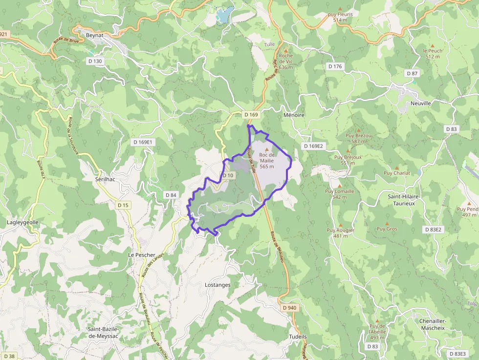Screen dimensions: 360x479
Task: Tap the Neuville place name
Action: [x=420, y=104]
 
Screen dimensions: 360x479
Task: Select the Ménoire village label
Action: [x=294, y=115]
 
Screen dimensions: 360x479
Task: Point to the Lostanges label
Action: [x=218, y=285]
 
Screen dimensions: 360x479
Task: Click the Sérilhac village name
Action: [x=105, y=179]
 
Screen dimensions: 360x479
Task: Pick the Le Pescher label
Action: [x=142, y=255]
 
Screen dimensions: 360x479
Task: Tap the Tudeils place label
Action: [x=298, y=337]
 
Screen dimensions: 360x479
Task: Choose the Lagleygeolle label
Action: [x=22, y=222]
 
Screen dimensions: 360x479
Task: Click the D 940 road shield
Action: [x=289, y=308]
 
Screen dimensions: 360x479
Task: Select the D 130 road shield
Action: [x=95, y=61]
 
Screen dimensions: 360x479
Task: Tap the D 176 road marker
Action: [x=336, y=66]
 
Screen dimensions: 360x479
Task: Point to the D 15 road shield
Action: [x=123, y=205]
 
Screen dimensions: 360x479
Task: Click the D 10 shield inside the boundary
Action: [x=228, y=175]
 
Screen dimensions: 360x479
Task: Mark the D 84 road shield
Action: [x=171, y=195]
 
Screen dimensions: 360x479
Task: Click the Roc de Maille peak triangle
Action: [x=266, y=149]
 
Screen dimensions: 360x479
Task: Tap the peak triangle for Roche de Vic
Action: [x=286, y=50]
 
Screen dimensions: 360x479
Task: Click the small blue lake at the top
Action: [x=224, y=15]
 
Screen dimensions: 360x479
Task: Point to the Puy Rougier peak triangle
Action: [x=341, y=224]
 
